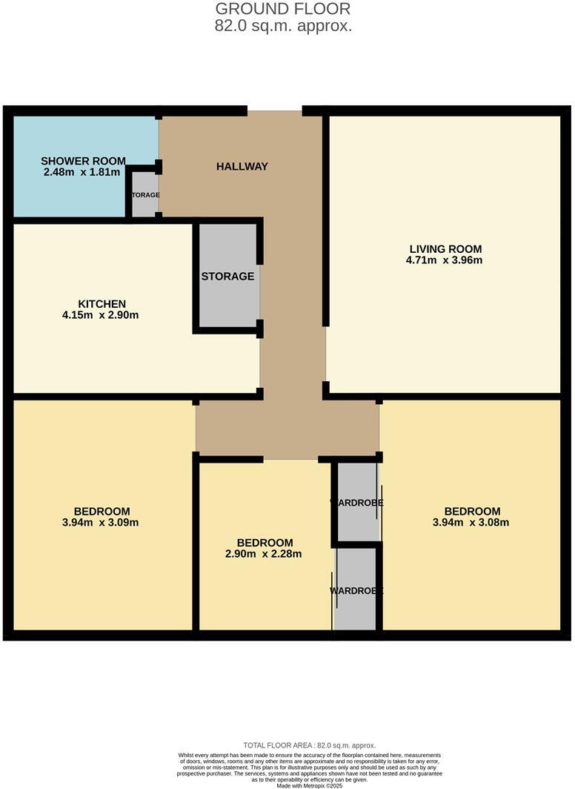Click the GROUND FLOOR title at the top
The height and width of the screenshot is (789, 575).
point(282,10)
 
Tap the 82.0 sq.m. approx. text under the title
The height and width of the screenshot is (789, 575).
point(282,26)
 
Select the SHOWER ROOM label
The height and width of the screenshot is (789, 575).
point(83,161)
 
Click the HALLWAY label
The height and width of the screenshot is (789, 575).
point(242,166)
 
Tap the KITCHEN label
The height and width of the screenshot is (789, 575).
point(102,303)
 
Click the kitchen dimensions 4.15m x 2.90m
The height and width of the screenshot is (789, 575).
point(102,314)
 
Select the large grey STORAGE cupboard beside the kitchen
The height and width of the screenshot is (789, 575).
point(228,276)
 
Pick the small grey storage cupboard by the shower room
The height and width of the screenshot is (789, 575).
point(144,194)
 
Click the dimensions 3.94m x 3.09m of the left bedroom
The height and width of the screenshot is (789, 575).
point(102,522)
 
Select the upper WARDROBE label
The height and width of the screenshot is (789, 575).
point(356,503)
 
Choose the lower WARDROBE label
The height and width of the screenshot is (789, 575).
point(356,591)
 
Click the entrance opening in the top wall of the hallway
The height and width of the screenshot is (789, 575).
point(274,111)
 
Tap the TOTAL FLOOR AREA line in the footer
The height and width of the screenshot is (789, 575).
point(309,745)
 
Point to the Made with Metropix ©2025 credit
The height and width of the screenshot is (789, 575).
point(309,785)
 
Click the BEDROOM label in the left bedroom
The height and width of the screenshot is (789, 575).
point(102,511)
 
